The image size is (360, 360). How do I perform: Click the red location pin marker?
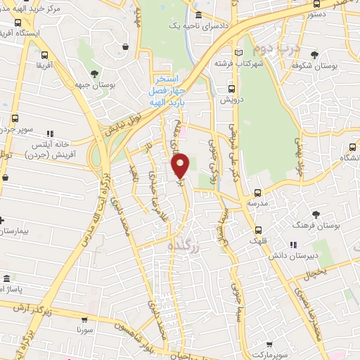pyautogui.click(x=181, y=165)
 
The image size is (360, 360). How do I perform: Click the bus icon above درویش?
pyautogui.click(x=231, y=89)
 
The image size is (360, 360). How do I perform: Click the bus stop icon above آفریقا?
pyautogui.click(x=45, y=56)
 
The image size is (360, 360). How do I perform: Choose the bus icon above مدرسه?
pyautogui.click(x=257, y=191)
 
